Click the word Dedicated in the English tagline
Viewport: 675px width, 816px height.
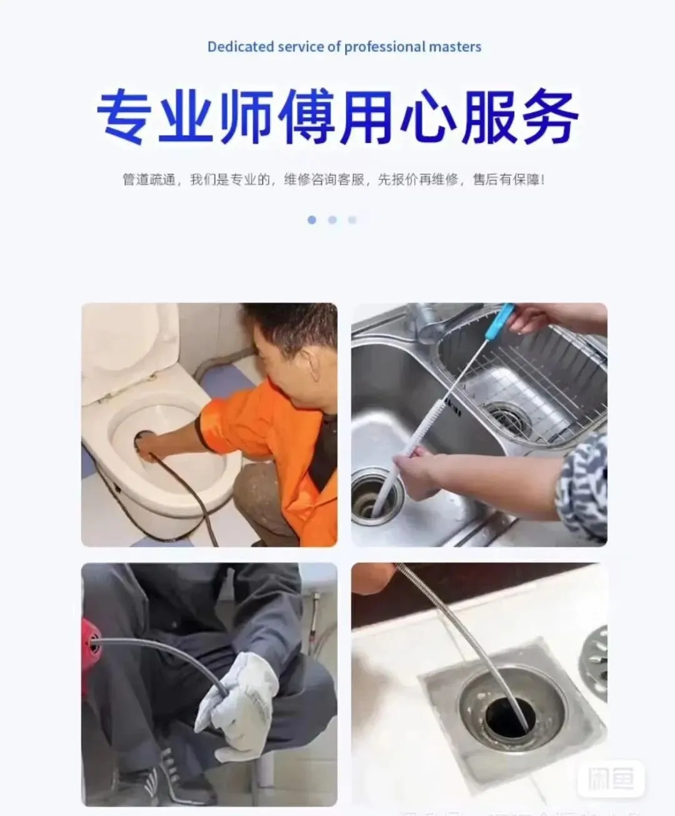pyautogui.click(x=241, y=47)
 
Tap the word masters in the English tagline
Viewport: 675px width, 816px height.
pyautogui.click(x=455, y=47)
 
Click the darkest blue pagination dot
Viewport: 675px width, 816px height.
pyautogui.click(x=312, y=220)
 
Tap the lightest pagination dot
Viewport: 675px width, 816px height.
pyautogui.click(x=352, y=220)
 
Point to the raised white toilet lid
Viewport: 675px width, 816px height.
pyautogui.click(x=129, y=352)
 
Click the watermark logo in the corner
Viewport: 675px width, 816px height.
pyautogui.click(x=611, y=779)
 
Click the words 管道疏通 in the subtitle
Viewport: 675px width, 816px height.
pyautogui.click(x=149, y=180)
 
